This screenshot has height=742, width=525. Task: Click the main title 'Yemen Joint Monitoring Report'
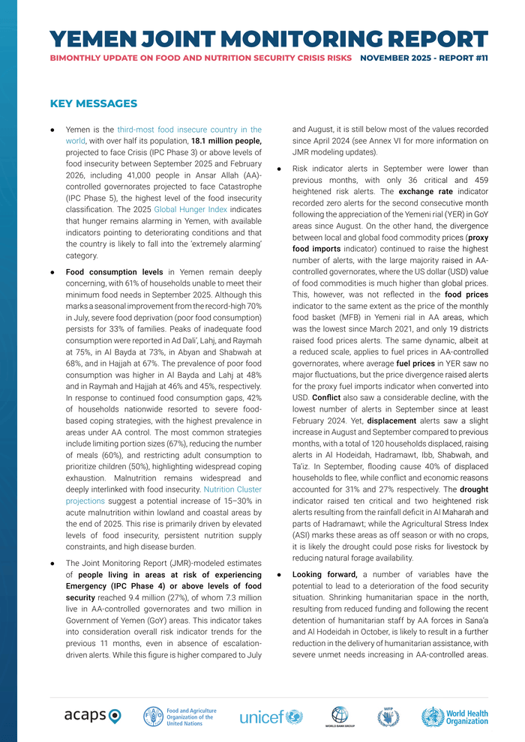(268, 39)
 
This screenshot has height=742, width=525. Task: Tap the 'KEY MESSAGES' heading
(93, 103)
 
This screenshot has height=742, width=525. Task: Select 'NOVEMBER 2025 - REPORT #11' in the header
(424, 58)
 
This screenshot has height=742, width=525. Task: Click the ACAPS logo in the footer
(92, 716)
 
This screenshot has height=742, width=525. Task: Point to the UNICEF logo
(271, 717)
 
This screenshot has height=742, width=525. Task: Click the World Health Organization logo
(454, 716)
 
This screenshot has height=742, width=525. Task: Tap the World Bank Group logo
(340, 716)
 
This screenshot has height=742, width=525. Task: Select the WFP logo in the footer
(388, 716)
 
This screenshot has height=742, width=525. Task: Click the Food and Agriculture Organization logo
(180, 717)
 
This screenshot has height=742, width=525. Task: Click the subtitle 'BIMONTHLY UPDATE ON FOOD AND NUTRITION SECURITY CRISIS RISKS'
(201, 58)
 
